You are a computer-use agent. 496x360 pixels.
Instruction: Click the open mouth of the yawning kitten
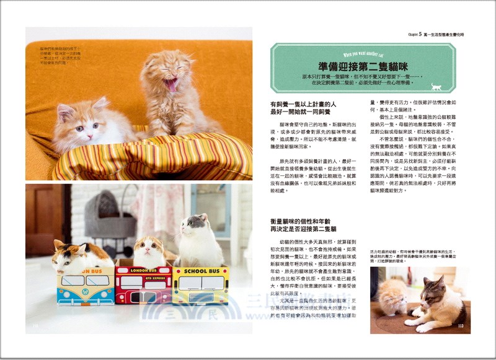click(x=170, y=82)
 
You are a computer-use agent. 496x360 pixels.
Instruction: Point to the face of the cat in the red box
click(x=147, y=249)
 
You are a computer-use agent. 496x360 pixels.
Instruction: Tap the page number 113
click(x=460, y=325)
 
